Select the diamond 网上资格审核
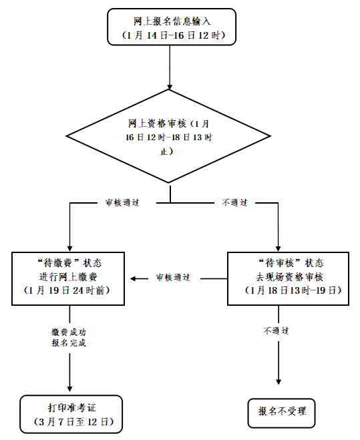tap(170, 136)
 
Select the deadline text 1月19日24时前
tap(69, 292)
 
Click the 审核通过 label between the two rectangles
tap(173, 277)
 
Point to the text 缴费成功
tap(69, 331)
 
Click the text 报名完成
tap(69, 343)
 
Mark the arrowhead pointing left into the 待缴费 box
tap(134, 278)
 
